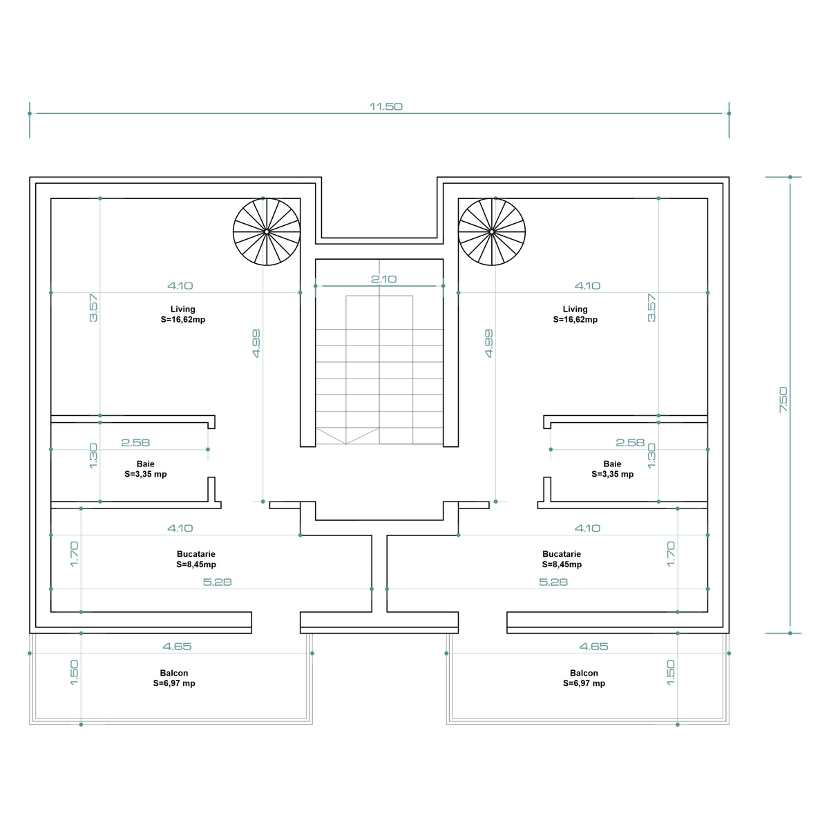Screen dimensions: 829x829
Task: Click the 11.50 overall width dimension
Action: [x=386, y=106]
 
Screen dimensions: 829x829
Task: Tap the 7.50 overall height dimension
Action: [x=783, y=399]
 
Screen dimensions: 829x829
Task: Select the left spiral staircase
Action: [x=267, y=232]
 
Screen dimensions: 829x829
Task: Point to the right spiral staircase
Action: [x=492, y=232]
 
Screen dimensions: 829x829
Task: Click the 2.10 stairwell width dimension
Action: [x=383, y=279]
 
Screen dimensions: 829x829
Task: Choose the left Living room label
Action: [x=183, y=314]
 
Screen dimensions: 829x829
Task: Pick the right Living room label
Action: [x=575, y=314]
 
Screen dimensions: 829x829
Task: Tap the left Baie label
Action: [x=146, y=469]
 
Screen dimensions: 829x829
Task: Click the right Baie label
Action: [x=612, y=469]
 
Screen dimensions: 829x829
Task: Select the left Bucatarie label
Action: [x=196, y=560]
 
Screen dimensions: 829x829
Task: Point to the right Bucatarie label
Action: [x=562, y=560]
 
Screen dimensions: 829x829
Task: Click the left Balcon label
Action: [x=174, y=678]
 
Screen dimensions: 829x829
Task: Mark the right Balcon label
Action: [x=584, y=678]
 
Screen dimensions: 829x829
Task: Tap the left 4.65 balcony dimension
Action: [x=178, y=647]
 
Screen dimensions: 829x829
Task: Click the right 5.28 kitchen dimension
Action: [x=553, y=582]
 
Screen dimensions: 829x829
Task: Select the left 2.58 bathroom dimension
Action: [x=135, y=443]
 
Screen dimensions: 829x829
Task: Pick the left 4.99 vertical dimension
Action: [x=256, y=343]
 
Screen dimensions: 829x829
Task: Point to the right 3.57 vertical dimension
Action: [x=651, y=308]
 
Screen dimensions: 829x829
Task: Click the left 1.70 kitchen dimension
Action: [x=74, y=554]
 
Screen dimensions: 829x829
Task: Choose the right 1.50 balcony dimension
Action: [x=671, y=673]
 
